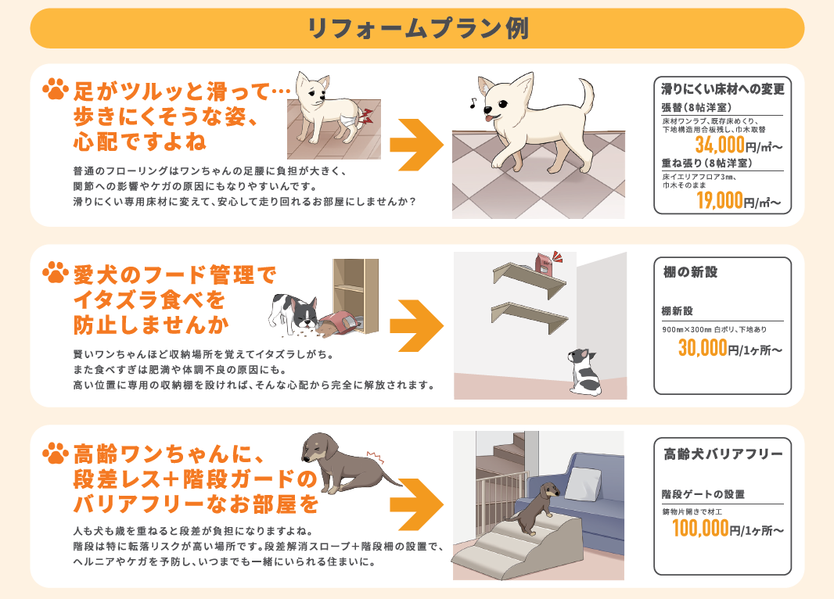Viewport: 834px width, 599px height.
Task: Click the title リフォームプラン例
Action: click(418, 29)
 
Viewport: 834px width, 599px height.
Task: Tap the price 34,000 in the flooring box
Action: click(720, 145)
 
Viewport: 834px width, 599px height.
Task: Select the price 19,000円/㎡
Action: click(739, 201)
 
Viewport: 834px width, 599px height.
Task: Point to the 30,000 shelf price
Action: click(703, 348)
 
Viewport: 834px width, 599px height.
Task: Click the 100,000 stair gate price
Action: click(700, 529)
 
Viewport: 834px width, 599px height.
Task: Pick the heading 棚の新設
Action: click(690, 272)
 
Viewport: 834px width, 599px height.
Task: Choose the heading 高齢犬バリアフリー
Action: click(723, 454)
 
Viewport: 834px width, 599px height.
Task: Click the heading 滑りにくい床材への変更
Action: click(723, 89)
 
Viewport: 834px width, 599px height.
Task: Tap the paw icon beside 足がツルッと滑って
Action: click(56, 89)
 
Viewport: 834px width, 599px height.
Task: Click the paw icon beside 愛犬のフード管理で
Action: click(56, 272)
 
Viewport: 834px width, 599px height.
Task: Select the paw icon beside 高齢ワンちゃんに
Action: click(56, 453)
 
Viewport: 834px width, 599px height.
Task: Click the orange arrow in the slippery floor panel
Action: click(416, 145)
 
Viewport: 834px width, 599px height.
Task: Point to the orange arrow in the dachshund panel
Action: click(416, 504)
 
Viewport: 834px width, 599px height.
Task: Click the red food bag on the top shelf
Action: click(544, 264)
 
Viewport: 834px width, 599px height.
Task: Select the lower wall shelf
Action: click(530, 317)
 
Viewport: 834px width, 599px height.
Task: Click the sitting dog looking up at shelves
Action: click(584, 371)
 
